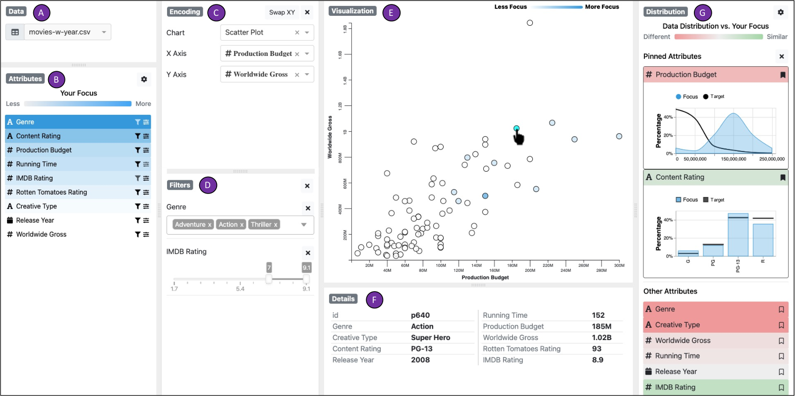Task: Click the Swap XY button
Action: [282, 12]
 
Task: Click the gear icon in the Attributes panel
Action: [144, 79]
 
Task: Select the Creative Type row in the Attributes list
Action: [78, 206]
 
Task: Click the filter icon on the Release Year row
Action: [137, 220]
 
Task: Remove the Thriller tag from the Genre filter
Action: [276, 225]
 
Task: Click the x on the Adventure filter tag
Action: [210, 225]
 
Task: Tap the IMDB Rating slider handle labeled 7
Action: [269, 279]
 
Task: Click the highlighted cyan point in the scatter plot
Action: [516, 128]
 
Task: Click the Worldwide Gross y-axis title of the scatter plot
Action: [330, 137]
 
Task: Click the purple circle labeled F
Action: [374, 300]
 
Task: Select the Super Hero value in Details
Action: [431, 338]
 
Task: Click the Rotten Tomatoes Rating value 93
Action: [597, 349]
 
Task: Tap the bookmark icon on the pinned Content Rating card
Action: [783, 178]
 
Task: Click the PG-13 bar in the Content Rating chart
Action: [738, 234]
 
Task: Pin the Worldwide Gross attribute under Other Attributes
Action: [781, 341]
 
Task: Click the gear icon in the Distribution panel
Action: [781, 12]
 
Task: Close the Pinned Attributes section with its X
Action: [782, 56]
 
